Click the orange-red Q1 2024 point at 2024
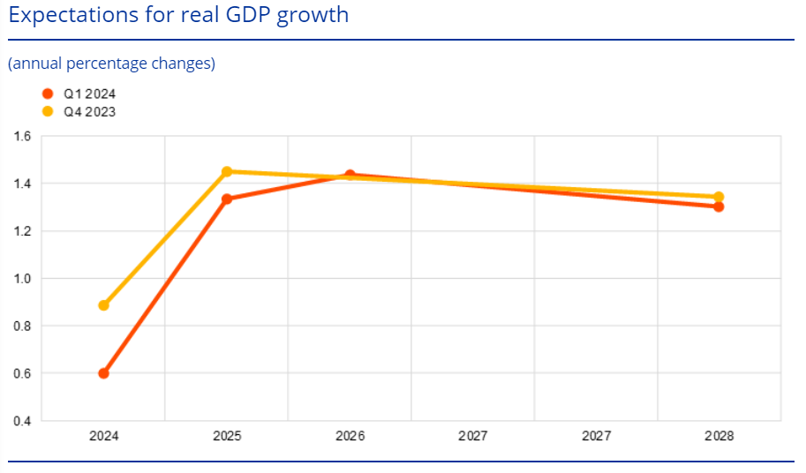(103, 373)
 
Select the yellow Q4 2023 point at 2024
(103, 305)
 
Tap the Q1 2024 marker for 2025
(227, 199)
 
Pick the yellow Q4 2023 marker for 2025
(227, 171)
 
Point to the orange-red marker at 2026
(350, 175)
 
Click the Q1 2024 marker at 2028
(719, 206)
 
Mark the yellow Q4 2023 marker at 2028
(719, 197)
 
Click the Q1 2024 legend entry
(88, 94)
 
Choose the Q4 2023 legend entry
(88, 112)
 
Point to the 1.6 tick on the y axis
(22, 137)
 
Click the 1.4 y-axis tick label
(22, 184)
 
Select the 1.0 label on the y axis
(22, 279)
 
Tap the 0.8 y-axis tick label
(22, 327)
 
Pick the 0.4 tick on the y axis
(22, 421)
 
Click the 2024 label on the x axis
(103, 436)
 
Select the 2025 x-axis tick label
(227, 436)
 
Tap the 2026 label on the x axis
(350, 436)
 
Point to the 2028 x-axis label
(719, 436)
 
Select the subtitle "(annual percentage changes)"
(111, 64)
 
